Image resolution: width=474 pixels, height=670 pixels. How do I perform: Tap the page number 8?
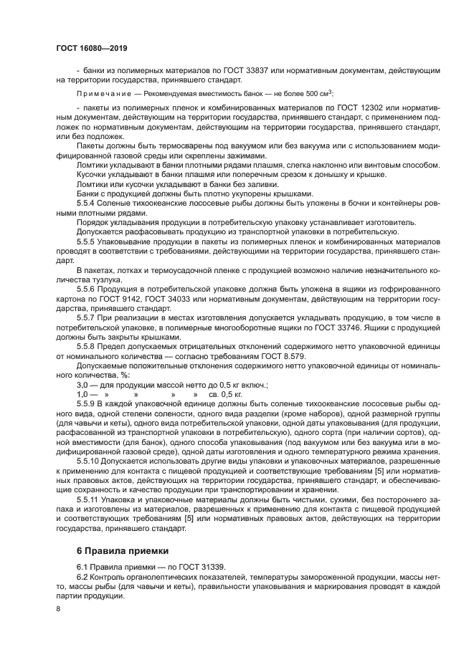tap(58, 609)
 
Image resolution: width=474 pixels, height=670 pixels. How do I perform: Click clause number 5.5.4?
tap(86, 203)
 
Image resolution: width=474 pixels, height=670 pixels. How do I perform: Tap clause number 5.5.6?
tap(86, 287)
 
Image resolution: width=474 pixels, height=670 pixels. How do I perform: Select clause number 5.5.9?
tap(86, 404)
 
